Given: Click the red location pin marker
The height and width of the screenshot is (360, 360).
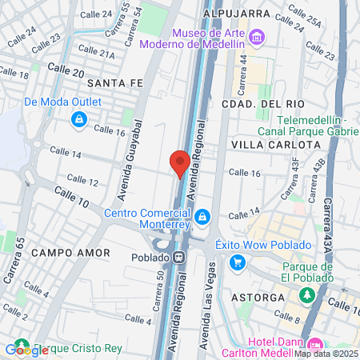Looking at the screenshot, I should (180, 163).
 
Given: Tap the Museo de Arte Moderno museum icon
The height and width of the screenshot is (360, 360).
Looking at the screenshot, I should (256, 37).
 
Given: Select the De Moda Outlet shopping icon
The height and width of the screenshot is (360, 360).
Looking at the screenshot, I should (78, 120).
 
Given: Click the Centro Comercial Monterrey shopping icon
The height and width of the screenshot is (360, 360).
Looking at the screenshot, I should (203, 217).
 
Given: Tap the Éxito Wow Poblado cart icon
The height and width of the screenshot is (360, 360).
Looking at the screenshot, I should (237, 262).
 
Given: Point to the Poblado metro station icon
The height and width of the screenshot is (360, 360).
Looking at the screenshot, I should (180, 258).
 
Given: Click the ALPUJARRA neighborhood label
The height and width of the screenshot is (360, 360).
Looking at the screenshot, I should (236, 14).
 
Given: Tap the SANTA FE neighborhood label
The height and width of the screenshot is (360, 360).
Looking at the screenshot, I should (114, 82).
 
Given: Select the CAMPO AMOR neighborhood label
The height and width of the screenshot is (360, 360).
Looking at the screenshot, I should (64, 251).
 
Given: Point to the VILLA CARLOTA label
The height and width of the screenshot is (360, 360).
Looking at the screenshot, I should (275, 144).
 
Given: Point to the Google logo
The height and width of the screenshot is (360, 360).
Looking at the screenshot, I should (26, 350).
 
